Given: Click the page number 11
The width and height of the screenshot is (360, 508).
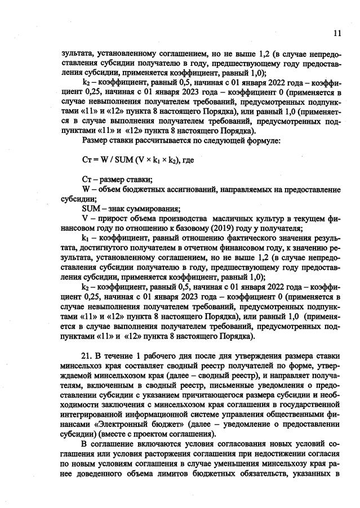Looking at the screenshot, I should coord(337,33).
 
